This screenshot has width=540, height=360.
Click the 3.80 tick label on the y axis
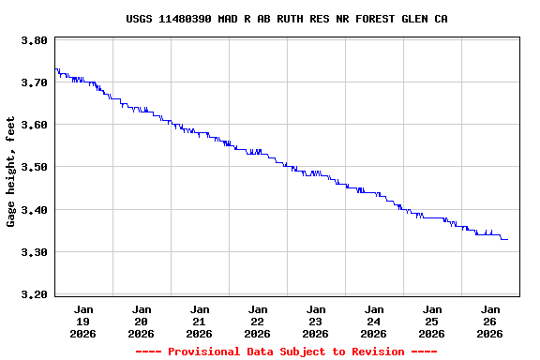(34, 40)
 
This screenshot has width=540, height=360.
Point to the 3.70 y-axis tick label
(34, 82)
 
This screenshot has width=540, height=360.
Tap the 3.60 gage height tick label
(34, 125)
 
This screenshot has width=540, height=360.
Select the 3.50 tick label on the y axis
(34, 167)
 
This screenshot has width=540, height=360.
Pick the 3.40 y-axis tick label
(34, 210)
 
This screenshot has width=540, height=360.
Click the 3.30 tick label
(34, 252)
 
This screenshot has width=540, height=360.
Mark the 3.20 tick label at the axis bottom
(34, 294)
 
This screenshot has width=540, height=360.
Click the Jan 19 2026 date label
(83, 321)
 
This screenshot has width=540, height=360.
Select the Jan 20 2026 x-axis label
(142, 321)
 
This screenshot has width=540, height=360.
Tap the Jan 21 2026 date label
(200, 321)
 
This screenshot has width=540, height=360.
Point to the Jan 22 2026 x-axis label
(258, 321)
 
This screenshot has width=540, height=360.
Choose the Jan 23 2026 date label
(316, 321)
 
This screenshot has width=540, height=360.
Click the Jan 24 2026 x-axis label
(374, 321)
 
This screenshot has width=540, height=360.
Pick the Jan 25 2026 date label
(432, 321)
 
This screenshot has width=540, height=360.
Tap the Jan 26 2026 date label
(490, 321)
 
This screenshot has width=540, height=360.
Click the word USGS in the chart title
(139, 19)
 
